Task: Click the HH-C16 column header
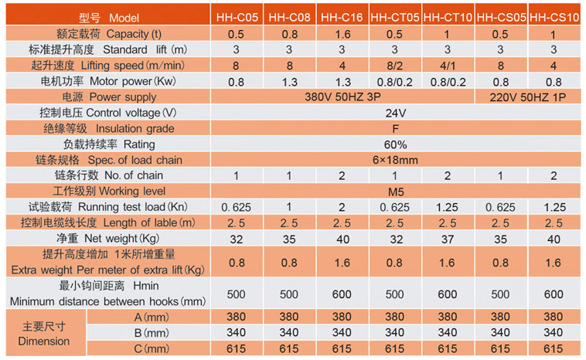tap(341, 16)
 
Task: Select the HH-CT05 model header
tap(394, 16)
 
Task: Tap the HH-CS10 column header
tap(554, 16)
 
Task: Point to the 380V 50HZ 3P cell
tap(342, 97)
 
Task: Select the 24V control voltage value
tap(395, 113)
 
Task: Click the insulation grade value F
tap(395, 129)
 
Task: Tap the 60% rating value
tap(395, 144)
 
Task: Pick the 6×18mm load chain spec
tap(395, 160)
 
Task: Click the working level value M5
tap(395, 191)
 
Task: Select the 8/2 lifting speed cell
tap(394, 66)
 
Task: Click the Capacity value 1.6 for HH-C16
tap(341, 34)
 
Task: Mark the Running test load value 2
tap(341, 207)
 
